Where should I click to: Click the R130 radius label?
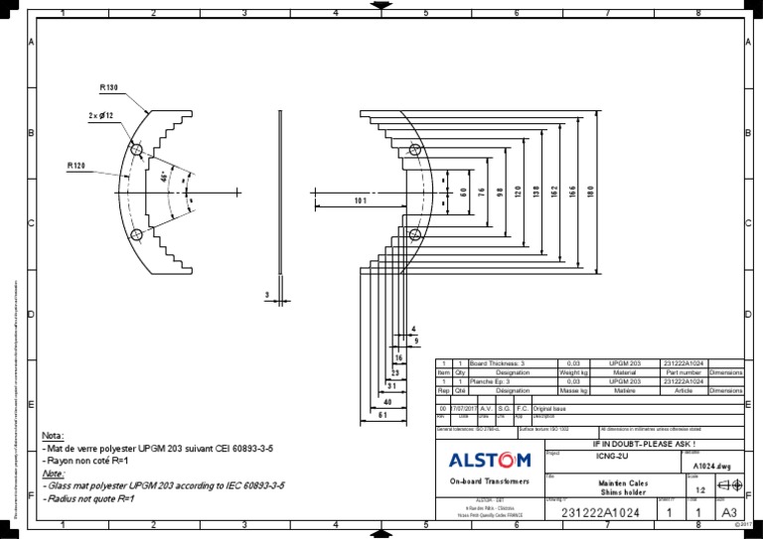click(x=109, y=87)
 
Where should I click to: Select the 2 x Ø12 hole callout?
click(x=101, y=116)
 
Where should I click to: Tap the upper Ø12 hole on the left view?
click(x=136, y=150)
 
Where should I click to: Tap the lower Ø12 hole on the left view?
click(x=136, y=234)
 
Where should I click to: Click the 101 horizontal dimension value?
click(x=360, y=202)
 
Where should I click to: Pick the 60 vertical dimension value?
click(x=463, y=191)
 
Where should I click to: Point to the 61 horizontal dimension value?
click(x=381, y=416)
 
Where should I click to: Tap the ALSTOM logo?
click(x=490, y=460)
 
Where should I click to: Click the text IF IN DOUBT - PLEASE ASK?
click(x=644, y=443)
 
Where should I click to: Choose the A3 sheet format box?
click(x=729, y=512)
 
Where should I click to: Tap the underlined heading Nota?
click(x=53, y=436)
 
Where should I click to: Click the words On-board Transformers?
click(x=489, y=480)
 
